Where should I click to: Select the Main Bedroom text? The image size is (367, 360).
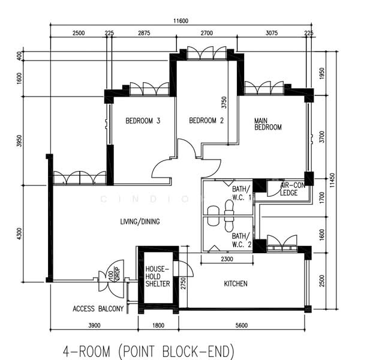[x=268, y=124]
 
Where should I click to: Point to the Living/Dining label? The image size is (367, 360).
[x=140, y=221]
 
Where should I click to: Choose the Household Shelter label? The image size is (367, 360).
[x=158, y=276]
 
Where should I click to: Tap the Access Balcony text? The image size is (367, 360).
[x=98, y=309]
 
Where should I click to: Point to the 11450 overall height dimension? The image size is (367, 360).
[x=332, y=178]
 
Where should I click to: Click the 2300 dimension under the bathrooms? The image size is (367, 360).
[x=228, y=259]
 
